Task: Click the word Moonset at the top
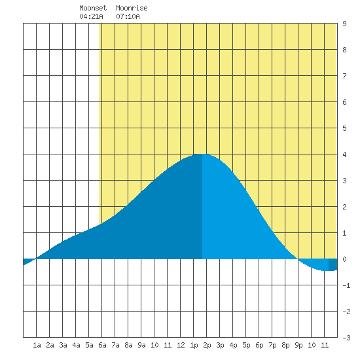coord(93,8)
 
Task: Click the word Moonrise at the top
coord(132,8)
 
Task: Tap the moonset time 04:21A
coord(91,16)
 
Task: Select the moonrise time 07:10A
coord(128,16)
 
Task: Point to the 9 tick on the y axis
coord(344,24)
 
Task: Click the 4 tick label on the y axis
coord(344,154)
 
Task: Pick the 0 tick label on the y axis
coord(344,259)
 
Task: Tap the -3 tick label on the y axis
coord(346,338)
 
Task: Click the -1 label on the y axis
coord(346,285)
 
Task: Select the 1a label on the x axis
coord(37,345)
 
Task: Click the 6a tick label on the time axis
coord(102,345)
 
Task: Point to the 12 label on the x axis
coord(181,345)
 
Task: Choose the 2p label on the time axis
coord(207,345)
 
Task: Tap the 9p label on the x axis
coord(298,345)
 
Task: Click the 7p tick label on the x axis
coord(272,345)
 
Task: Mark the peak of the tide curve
coord(202,154)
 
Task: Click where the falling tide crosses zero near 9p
coord(298,259)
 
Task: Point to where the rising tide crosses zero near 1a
coord(35,259)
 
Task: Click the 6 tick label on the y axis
coord(344,102)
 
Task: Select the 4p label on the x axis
coord(233,345)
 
